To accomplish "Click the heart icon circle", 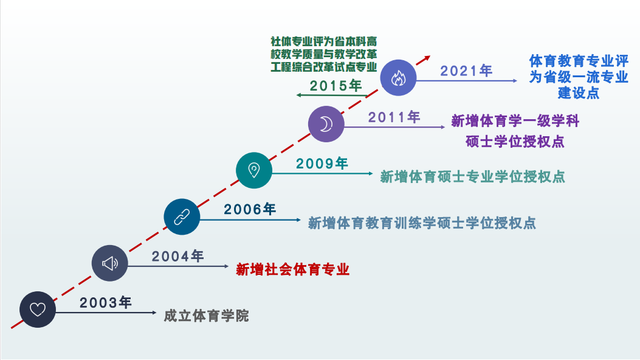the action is [38, 310].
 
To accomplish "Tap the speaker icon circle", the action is [110, 263].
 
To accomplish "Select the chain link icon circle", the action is [182, 216].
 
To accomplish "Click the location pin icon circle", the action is [254, 170].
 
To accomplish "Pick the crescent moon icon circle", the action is [326, 124].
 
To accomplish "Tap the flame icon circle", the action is [398, 78].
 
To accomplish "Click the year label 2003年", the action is [105, 302].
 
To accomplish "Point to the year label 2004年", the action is [177, 257].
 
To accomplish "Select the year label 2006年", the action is [250, 209].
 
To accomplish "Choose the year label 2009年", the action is [322, 163].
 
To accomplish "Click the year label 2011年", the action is [394, 117].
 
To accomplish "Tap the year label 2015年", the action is [335, 86].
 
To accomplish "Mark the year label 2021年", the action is [466, 71].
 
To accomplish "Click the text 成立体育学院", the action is [206, 316].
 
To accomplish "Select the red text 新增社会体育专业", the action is [293, 269].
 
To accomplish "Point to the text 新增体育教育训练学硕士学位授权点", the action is [422, 223].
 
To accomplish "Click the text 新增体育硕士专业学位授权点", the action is [472, 177].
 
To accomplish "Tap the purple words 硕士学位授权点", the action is [515, 142].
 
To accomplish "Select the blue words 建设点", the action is [579, 92].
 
